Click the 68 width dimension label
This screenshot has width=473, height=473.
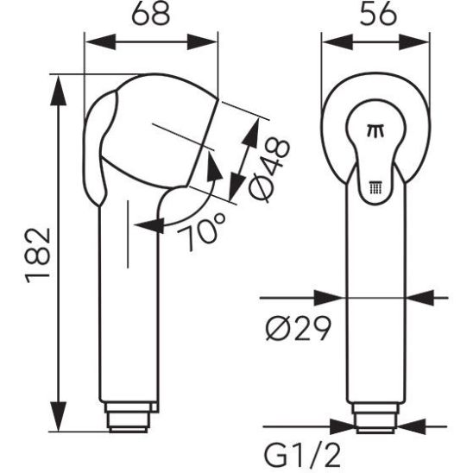click(x=151, y=14)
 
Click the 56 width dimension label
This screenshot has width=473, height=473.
click(x=378, y=14)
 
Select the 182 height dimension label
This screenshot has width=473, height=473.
click(x=37, y=255)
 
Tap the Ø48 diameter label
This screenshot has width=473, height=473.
click(x=269, y=170)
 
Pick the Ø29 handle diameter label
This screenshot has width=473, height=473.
click(x=299, y=328)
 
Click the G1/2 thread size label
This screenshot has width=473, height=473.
click(x=303, y=456)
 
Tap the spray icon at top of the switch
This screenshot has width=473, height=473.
click(x=375, y=130)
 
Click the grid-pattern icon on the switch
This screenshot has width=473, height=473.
click(x=375, y=188)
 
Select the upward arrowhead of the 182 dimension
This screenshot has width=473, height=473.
click(x=58, y=91)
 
